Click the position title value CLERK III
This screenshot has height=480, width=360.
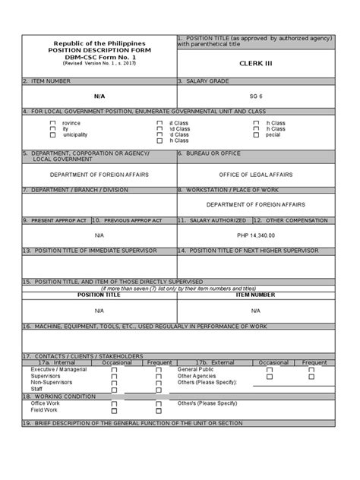pos(255,65)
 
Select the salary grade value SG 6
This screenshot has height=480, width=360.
pos(255,96)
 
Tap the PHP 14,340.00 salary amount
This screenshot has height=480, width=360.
pos(255,235)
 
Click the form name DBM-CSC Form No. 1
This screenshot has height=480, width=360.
pos(99,58)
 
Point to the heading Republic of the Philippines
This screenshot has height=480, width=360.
pos(99,44)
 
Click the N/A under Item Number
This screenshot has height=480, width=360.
pos(99,96)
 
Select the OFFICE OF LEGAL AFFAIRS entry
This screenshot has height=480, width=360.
pos(255,174)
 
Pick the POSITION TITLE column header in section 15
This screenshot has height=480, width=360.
pos(99,295)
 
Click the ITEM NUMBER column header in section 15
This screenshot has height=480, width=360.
pos(255,295)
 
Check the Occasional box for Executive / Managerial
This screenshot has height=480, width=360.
pos(114,369)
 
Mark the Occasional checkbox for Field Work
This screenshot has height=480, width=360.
pos(114,410)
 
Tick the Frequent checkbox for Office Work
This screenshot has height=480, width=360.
pos(158,403)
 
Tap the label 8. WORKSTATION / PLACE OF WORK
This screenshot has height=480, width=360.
pos(228,190)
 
